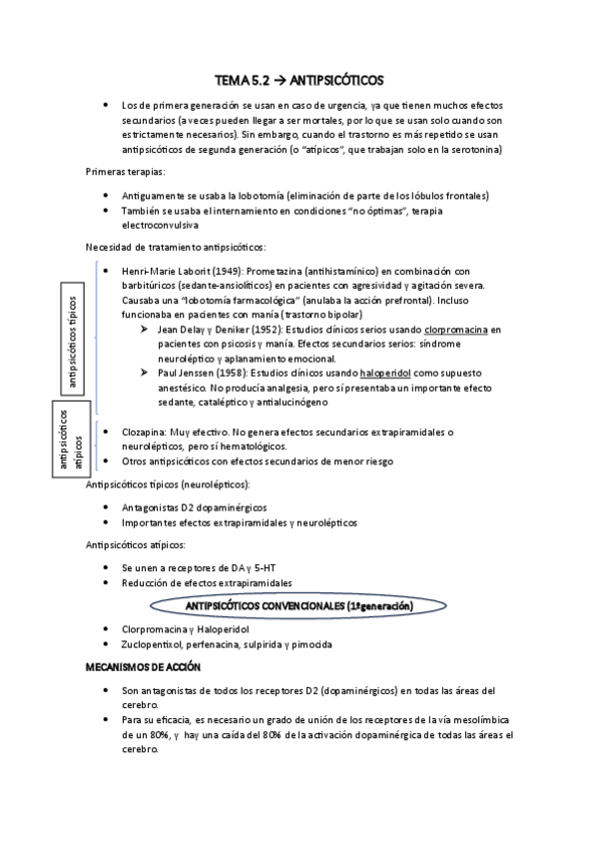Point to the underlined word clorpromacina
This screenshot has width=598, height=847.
[x=453, y=328]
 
